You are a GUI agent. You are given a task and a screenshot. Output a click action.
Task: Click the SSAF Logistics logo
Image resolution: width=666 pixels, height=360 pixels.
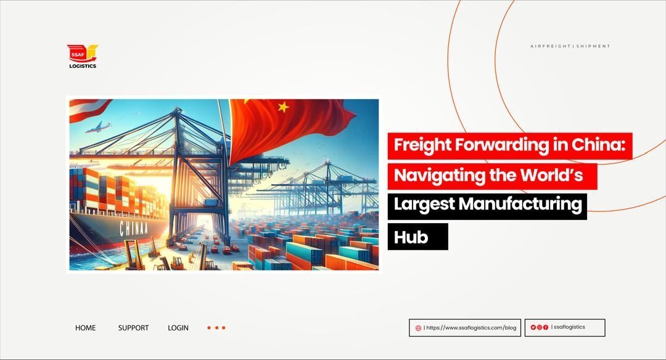[82, 56]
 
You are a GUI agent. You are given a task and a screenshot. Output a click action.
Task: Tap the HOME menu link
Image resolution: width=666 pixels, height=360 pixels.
[85, 328]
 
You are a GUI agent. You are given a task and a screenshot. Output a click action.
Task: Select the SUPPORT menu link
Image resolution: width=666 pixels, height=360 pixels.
[133, 328]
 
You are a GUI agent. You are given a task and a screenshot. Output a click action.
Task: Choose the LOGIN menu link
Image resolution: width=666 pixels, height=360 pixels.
[178, 328]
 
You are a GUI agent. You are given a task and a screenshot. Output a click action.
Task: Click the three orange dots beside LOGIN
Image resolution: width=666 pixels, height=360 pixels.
[216, 328]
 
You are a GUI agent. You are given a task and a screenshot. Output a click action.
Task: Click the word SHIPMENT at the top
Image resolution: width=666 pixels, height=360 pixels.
[593, 46]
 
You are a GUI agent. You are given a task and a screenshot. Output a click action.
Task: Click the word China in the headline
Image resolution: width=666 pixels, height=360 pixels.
[597, 145]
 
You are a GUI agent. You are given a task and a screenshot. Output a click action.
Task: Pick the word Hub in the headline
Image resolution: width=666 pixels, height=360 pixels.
[411, 237]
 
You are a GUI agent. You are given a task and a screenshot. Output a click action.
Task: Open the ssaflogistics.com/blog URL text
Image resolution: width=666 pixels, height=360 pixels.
[472, 328]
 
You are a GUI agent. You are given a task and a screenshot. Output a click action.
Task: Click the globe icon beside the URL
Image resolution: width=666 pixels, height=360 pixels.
[419, 328]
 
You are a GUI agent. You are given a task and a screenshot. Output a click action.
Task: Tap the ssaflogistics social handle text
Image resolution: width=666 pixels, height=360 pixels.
[569, 327]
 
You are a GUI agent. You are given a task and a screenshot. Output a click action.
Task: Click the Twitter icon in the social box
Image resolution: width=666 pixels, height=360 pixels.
[533, 327]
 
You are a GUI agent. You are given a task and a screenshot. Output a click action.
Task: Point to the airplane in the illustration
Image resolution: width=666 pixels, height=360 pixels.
[97, 128]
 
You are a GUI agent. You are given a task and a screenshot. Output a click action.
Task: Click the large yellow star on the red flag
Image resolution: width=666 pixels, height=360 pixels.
[283, 107]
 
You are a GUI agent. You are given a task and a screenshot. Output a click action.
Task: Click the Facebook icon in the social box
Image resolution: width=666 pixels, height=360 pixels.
[546, 327]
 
